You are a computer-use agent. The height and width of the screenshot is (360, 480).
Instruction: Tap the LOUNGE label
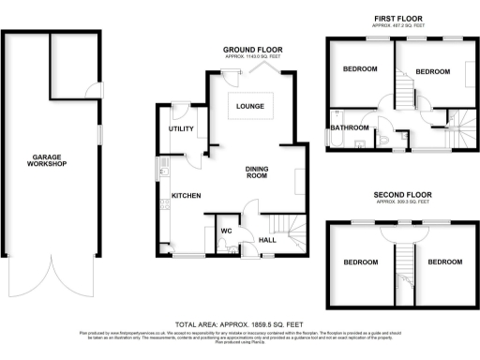click(249, 106)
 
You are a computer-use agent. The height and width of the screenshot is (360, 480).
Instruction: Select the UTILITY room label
click(180, 127)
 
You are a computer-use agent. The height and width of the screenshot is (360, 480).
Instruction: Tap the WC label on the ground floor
click(226, 231)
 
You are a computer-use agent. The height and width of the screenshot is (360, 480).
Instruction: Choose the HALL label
click(266, 240)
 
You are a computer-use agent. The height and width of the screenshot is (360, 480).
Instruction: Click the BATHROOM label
click(349, 127)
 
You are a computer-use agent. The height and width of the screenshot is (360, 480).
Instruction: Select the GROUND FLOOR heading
click(252, 49)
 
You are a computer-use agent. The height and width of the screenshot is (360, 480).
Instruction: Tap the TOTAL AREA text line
click(240, 320)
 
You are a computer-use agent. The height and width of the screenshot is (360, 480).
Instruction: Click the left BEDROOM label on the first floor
click(360, 69)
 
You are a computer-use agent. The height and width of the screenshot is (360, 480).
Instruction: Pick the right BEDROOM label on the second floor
click(444, 262)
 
